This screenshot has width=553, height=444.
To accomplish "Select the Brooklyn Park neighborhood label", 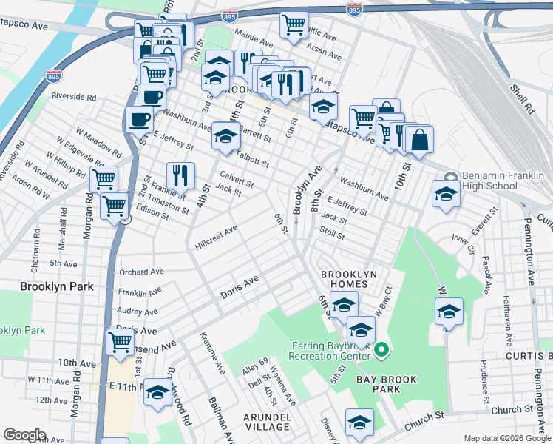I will click(56, 286).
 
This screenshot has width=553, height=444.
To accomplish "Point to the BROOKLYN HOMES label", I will click(349, 280).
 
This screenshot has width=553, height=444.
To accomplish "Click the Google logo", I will click(24, 435).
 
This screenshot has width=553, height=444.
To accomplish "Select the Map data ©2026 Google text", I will click(506, 438).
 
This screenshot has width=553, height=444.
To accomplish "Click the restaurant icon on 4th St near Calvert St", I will click(180, 175).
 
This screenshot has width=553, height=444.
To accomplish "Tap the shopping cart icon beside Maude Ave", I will click(294, 24).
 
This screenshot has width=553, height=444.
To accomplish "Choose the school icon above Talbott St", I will click(226, 136).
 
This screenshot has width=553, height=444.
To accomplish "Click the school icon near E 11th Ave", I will click(157, 392).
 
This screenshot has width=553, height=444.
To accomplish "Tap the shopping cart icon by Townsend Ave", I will click(120, 342).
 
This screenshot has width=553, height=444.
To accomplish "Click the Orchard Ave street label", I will click(141, 272).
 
